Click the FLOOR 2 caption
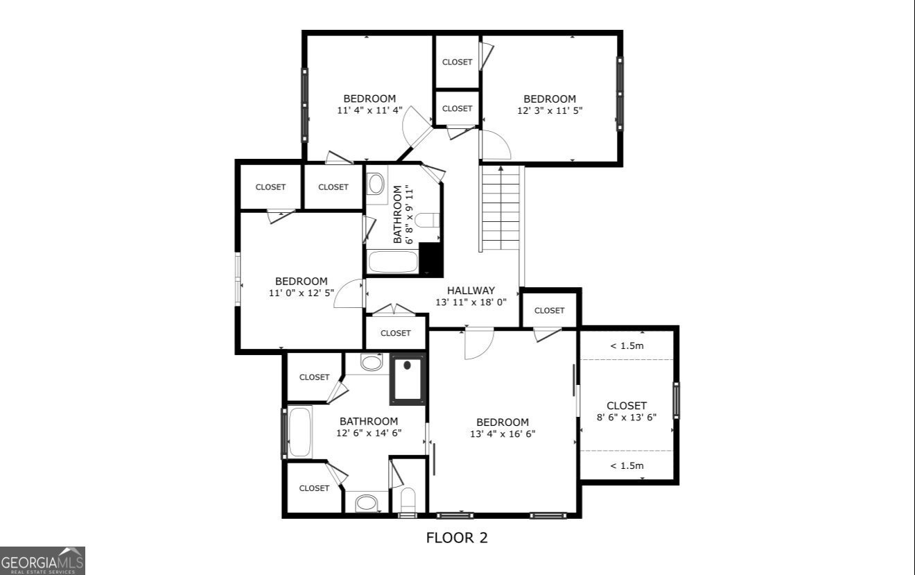click(x=457, y=538)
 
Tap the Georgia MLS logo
click(x=42, y=560)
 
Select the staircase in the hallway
click(x=500, y=209)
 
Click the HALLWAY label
click(x=471, y=291)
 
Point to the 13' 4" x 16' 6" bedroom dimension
click(x=503, y=434)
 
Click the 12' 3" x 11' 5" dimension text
click(x=549, y=110)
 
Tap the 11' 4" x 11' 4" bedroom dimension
click(x=369, y=110)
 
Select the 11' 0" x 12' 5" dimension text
click(x=301, y=293)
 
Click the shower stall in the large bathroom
click(x=407, y=379)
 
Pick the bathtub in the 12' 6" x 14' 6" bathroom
click(x=300, y=432)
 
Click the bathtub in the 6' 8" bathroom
click(x=392, y=263)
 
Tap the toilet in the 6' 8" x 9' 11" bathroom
click(x=427, y=220)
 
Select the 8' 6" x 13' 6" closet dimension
click(x=627, y=417)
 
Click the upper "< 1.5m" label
click(x=627, y=345)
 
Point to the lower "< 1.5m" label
click(x=627, y=465)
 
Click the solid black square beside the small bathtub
click(x=432, y=260)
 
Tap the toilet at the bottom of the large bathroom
click(x=408, y=499)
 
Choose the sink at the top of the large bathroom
click(x=372, y=363)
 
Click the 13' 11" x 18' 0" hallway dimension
click(x=471, y=302)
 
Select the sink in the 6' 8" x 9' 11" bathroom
click(x=376, y=184)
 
